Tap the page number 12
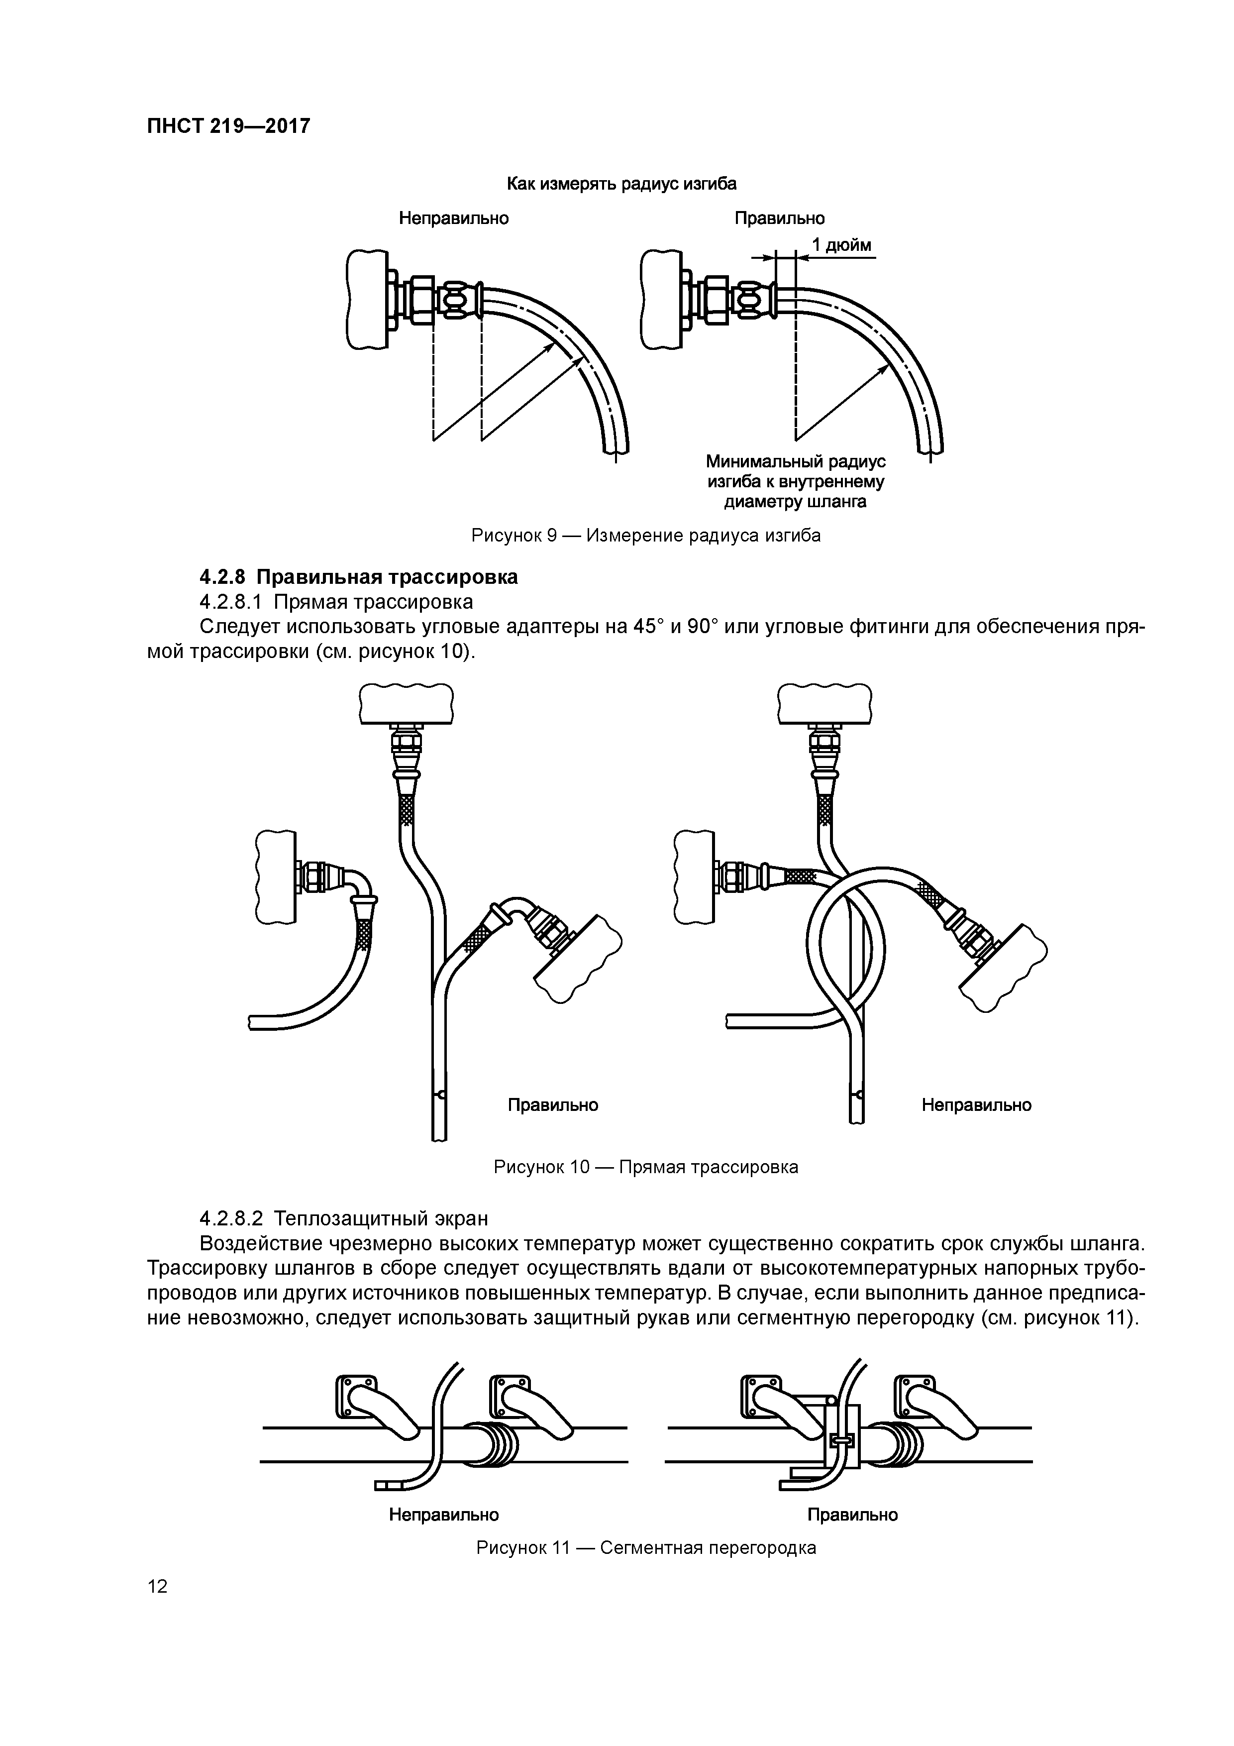tap(157, 1586)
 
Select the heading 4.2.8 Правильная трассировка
tap(358, 577)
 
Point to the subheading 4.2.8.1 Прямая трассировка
tap(335, 602)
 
